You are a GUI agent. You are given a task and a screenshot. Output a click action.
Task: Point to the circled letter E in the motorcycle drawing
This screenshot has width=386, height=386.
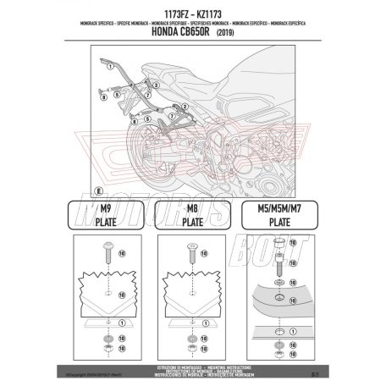100,186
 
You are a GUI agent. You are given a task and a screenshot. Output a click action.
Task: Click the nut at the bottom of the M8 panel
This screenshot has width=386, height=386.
193,350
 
